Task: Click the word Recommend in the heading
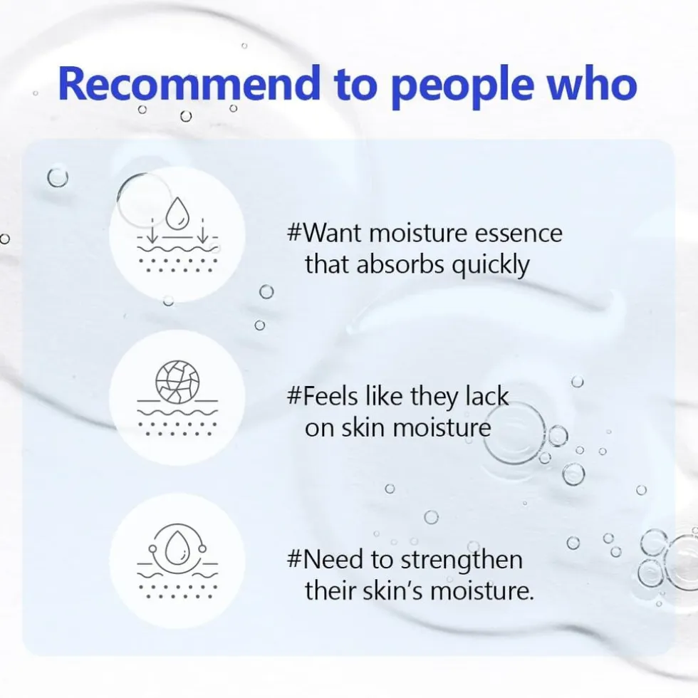tap(189, 83)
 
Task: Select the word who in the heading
tap(592, 83)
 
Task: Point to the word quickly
tap(491, 265)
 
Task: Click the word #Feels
tap(322, 396)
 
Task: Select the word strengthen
tap(462, 560)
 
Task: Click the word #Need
tap(325, 560)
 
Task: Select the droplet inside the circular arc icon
tap(177, 547)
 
